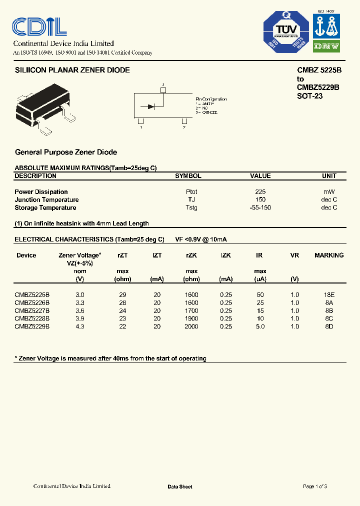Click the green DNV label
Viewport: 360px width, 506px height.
pyautogui.click(x=326, y=46)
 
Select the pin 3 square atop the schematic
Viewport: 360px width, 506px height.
pyautogui.click(x=162, y=90)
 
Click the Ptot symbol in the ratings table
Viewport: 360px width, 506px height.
pyautogui.click(x=191, y=192)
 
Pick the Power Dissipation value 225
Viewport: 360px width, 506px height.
pyautogui.click(x=260, y=192)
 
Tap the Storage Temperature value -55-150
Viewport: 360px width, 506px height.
pyautogui.click(x=260, y=207)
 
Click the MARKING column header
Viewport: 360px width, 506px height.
pyautogui.click(x=328, y=255)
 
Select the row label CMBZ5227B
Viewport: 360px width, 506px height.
pyautogui.click(x=32, y=310)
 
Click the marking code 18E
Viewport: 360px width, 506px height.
pyautogui.click(x=328, y=295)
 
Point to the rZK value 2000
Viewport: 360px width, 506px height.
pyautogui.click(x=191, y=326)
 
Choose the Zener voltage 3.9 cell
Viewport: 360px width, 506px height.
pyautogui.click(x=79, y=318)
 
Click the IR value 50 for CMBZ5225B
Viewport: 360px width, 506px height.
pyautogui.click(x=259, y=295)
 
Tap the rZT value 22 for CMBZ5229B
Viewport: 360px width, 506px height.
pyautogui.click(x=122, y=326)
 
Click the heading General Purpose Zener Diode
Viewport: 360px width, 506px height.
pyautogui.click(x=66, y=152)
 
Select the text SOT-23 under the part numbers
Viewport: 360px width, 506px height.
pyautogui.click(x=309, y=95)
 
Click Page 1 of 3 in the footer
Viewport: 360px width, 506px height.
pyautogui.click(x=315, y=486)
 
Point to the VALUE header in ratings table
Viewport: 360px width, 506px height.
pyautogui.click(x=260, y=176)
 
